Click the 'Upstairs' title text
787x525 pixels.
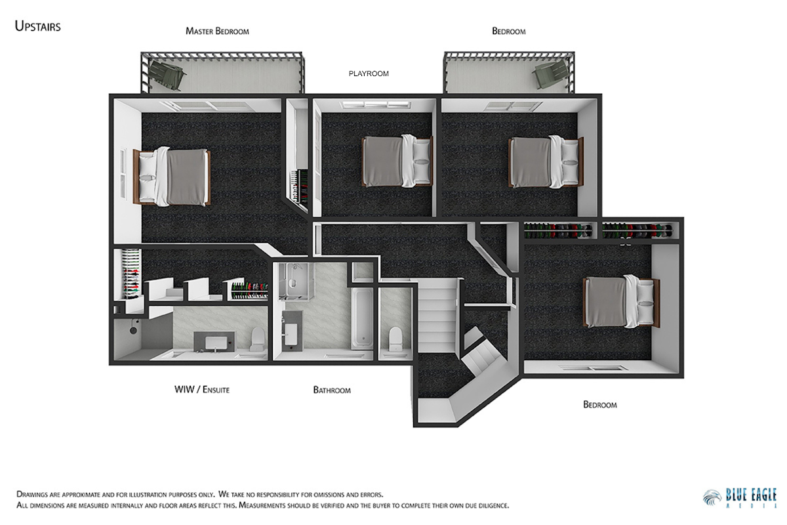[x=37, y=26]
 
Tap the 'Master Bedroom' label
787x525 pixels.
[x=217, y=31]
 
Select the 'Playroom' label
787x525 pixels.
[x=369, y=73]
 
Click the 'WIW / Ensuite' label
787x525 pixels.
[x=202, y=390]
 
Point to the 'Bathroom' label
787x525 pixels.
[x=332, y=390]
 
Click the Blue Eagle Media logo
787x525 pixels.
[x=740, y=498]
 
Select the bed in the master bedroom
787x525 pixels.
[x=171, y=177]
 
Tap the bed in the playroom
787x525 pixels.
[x=397, y=161]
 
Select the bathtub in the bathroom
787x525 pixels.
[x=362, y=318]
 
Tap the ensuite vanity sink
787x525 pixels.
[x=215, y=341]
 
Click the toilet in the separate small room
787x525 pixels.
[x=395, y=339]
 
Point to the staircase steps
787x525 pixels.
[x=437, y=315]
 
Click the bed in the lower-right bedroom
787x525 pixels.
[x=621, y=302]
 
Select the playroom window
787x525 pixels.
[x=376, y=105]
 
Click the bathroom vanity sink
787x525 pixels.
[x=291, y=334]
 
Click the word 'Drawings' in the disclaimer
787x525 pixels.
[x=32, y=494]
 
